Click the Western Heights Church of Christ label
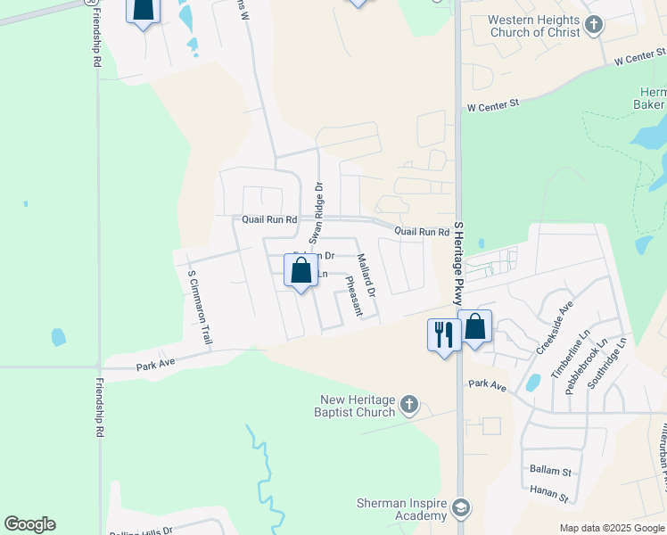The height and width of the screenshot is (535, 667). click(533, 26)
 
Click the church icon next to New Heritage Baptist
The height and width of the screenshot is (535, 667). click(408, 406)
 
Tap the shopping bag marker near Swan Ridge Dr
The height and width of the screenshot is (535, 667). click(301, 270)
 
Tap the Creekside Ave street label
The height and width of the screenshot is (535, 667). click(554, 327)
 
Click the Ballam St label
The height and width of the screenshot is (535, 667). click(549, 470)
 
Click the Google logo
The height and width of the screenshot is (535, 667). click(30, 524)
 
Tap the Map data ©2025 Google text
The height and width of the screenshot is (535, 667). click(612, 528)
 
